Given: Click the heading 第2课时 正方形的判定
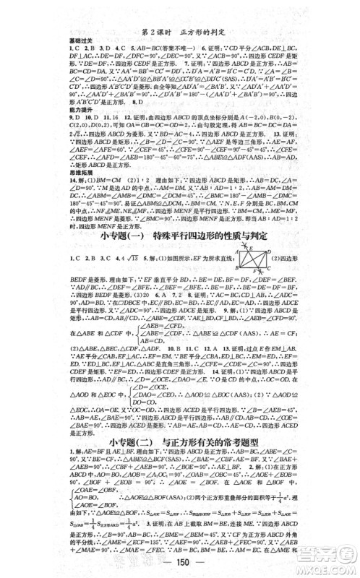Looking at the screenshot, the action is pos(179,12).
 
